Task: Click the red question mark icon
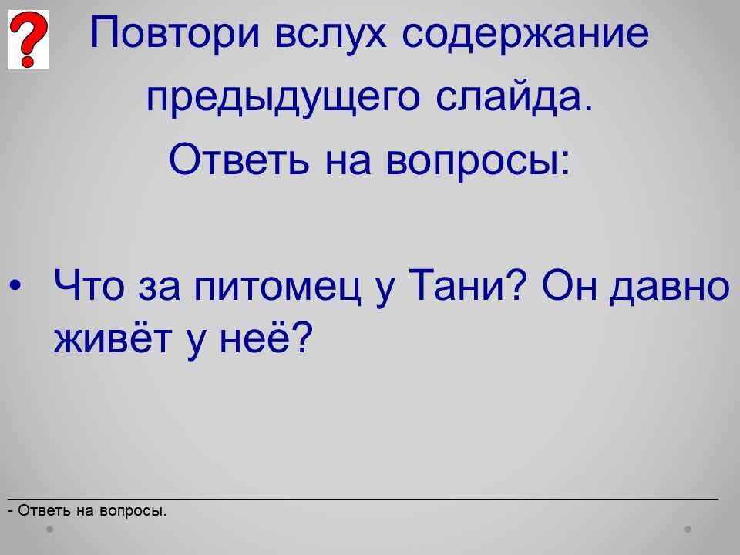tap(29, 39)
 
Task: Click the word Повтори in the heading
tap(175, 34)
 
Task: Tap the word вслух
tap(331, 34)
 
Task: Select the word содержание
tap(526, 34)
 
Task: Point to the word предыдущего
tap(283, 98)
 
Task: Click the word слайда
tap(514, 97)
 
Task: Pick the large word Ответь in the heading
tap(239, 159)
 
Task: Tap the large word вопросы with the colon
tap(479, 160)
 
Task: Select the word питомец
tap(277, 287)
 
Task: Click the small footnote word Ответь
tap(44, 510)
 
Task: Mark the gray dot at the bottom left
tap(49, 529)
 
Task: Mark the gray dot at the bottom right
tap(688, 529)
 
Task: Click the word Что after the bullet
tap(89, 284)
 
